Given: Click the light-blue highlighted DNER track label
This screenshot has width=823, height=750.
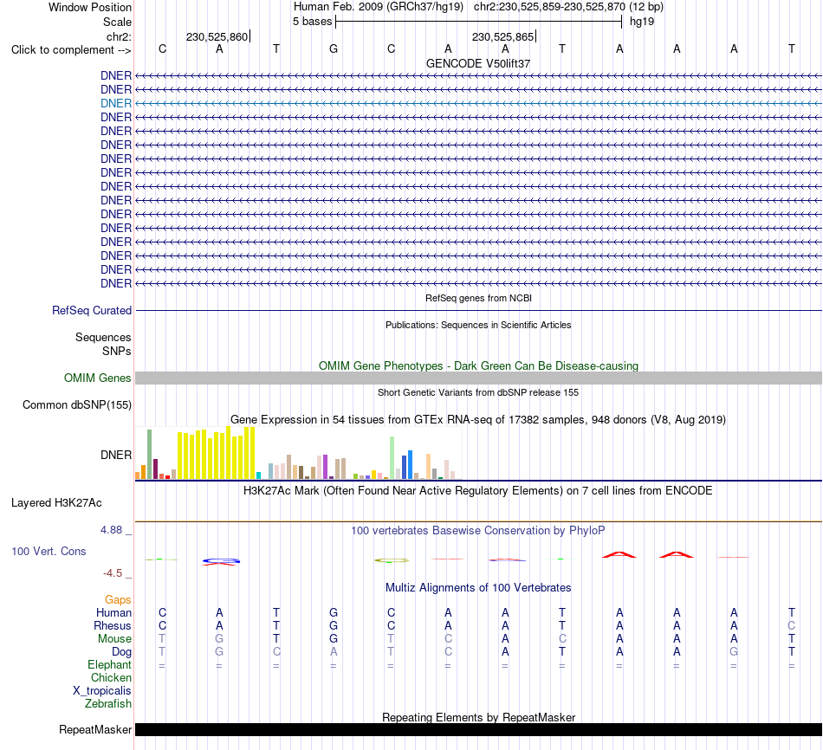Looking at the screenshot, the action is click(116, 103).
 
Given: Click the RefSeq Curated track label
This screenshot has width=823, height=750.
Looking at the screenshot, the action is click(92, 310).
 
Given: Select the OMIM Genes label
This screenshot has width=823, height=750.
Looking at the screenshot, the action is click(98, 378).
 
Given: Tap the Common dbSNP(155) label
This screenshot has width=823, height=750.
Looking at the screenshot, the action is click(77, 404).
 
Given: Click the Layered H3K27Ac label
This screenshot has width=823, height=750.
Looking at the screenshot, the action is click(56, 503).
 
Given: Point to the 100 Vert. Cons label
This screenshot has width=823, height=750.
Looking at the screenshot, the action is click(49, 551).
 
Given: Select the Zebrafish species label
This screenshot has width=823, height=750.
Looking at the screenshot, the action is click(108, 704).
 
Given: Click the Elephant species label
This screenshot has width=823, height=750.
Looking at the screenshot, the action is click(110, 665).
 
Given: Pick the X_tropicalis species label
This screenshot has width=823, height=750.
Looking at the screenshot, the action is click(102, 691).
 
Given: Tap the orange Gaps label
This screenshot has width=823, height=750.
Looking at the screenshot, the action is click(118, 599).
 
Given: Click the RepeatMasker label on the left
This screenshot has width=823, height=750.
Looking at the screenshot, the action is click(95, 729).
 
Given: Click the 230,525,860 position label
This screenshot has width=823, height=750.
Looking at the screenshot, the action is click(217, 36).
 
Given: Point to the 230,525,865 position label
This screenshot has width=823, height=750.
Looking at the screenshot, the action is click(502, 36).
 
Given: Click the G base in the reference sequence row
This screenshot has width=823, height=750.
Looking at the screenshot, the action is click(334, 48).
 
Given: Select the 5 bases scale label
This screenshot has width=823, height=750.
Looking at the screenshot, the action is click(312, 22).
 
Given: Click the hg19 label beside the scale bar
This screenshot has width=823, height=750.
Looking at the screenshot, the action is click(642, 22).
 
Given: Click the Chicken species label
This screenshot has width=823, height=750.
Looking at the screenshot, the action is click(111, 677).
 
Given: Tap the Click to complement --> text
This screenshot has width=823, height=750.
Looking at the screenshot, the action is click(71, 50).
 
